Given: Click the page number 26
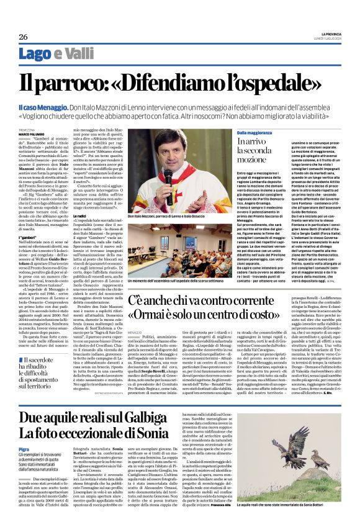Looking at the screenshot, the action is [x=23, y=37].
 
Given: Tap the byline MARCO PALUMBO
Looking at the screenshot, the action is [x=31, y=133].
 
